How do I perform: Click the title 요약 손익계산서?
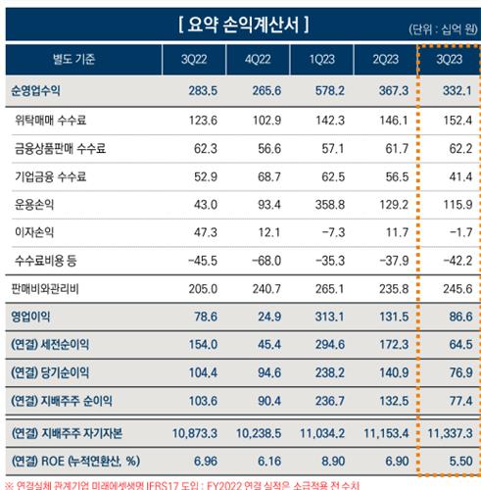240,22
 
